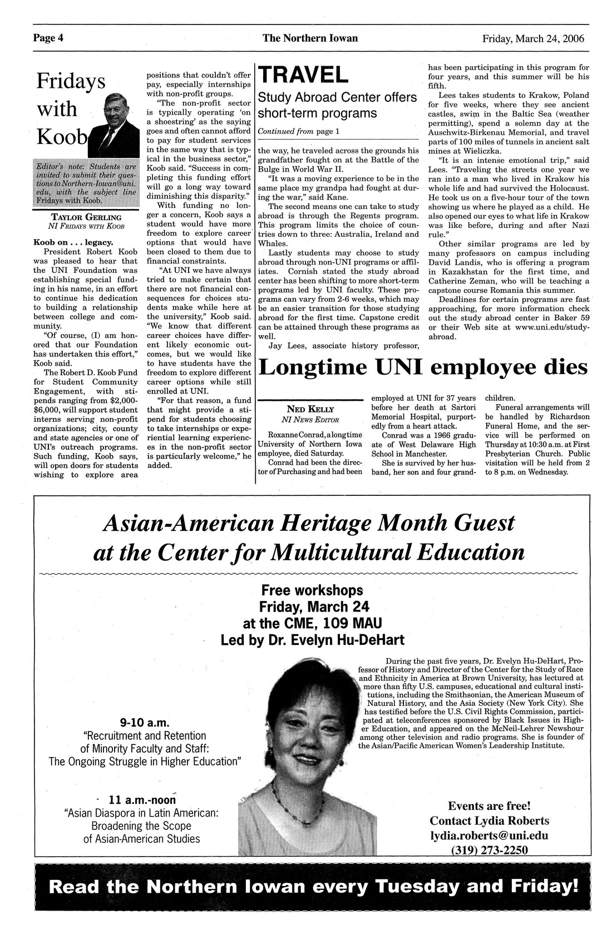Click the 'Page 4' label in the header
click(x=48, y=38)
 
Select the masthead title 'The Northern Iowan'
click(x=310, y=38)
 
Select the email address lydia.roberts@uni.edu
click(x=489, y=835)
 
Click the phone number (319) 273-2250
click(x=489, y=849)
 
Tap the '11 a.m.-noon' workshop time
click(x=142, y=800)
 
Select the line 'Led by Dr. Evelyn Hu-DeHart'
click(x=312, y=640)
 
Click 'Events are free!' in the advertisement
click(x=489, y=805)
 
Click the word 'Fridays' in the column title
click(x=71, y=81)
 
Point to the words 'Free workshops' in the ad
click(x=312, y=590)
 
